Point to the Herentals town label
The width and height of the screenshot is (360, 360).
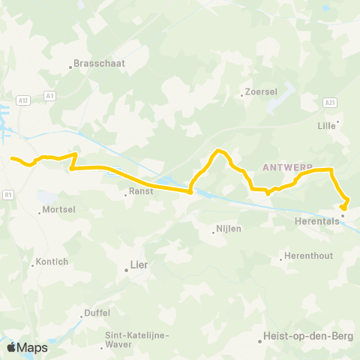319,222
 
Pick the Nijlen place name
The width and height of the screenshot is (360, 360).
229,228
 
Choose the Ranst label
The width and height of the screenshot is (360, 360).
141,191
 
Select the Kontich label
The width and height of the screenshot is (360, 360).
52,262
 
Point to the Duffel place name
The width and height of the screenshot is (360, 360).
97,313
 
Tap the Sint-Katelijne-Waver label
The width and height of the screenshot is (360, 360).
136,340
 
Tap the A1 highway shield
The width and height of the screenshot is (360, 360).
49,95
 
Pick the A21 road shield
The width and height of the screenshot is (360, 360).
330,101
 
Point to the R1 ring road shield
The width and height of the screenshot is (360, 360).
8,194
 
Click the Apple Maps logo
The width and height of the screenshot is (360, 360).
26,347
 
